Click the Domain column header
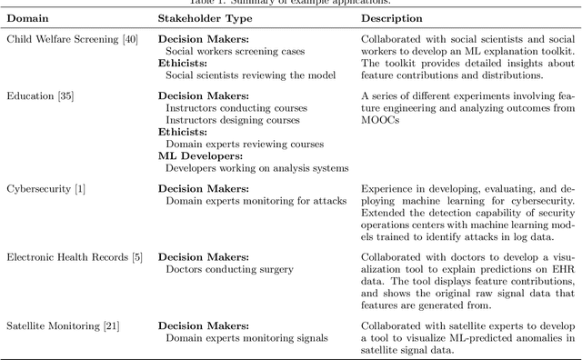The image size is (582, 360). [x=27, y=17]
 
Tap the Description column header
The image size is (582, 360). [x=391, y=17]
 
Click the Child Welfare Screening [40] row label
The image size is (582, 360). [x=72, y=40]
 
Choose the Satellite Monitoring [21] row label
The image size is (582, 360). [x=62, y=325]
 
